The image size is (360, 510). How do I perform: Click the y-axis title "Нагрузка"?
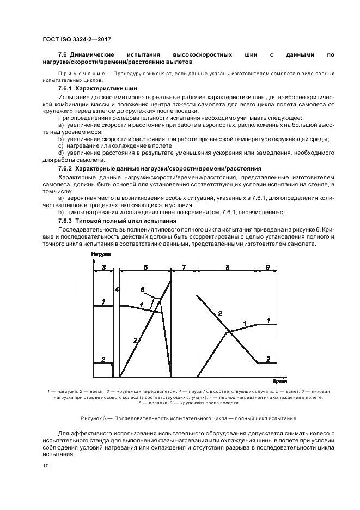(x=101, y=254)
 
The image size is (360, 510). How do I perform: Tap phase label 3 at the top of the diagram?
(x=103, y=267)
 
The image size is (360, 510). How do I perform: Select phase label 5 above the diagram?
(x=145, y=267)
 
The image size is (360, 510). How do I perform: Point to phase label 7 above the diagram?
(x=184, y=267)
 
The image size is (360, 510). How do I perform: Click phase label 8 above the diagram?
(x=227, y=267)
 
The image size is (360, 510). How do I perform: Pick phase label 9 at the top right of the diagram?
(x=267, y=267)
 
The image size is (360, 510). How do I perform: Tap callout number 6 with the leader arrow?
(x=142, y=289)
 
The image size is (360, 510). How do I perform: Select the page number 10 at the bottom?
(x=46, y=465)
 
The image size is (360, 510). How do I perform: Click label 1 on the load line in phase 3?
(x=102, y=301)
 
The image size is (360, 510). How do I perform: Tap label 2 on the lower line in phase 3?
(x=102, y=358)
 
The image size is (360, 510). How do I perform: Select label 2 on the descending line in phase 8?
(x=219, y=313)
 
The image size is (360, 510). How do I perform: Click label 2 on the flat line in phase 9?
(x=268, y=358)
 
